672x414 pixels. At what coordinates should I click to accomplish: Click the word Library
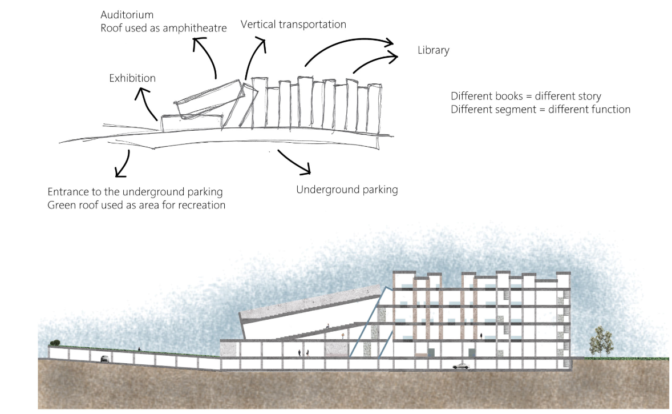click(x=433, y=50)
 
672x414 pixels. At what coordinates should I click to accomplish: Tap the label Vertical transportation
click(x=293, y=25)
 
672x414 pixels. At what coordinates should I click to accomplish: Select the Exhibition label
click(x=132, y=78)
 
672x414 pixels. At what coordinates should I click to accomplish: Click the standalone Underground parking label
click(x=346, y=190)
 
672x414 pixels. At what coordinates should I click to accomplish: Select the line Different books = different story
click(x=525, y=96)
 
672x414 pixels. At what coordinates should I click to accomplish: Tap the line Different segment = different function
click(x=540, y=109)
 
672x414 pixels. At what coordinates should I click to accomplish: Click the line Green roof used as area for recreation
click(x=136, y=204)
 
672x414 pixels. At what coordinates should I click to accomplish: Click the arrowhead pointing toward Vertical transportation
click(x=262, y=43)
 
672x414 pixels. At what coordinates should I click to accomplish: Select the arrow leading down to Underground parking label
click(x=297, y=162)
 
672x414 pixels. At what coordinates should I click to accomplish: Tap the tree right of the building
click(x=598, y=341)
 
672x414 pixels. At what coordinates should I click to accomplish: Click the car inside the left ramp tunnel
click(x=104, y=359)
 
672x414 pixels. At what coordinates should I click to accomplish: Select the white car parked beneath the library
click(x=461, y=366)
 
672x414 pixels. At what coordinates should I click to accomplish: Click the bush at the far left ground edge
click(x=55, y=343)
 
